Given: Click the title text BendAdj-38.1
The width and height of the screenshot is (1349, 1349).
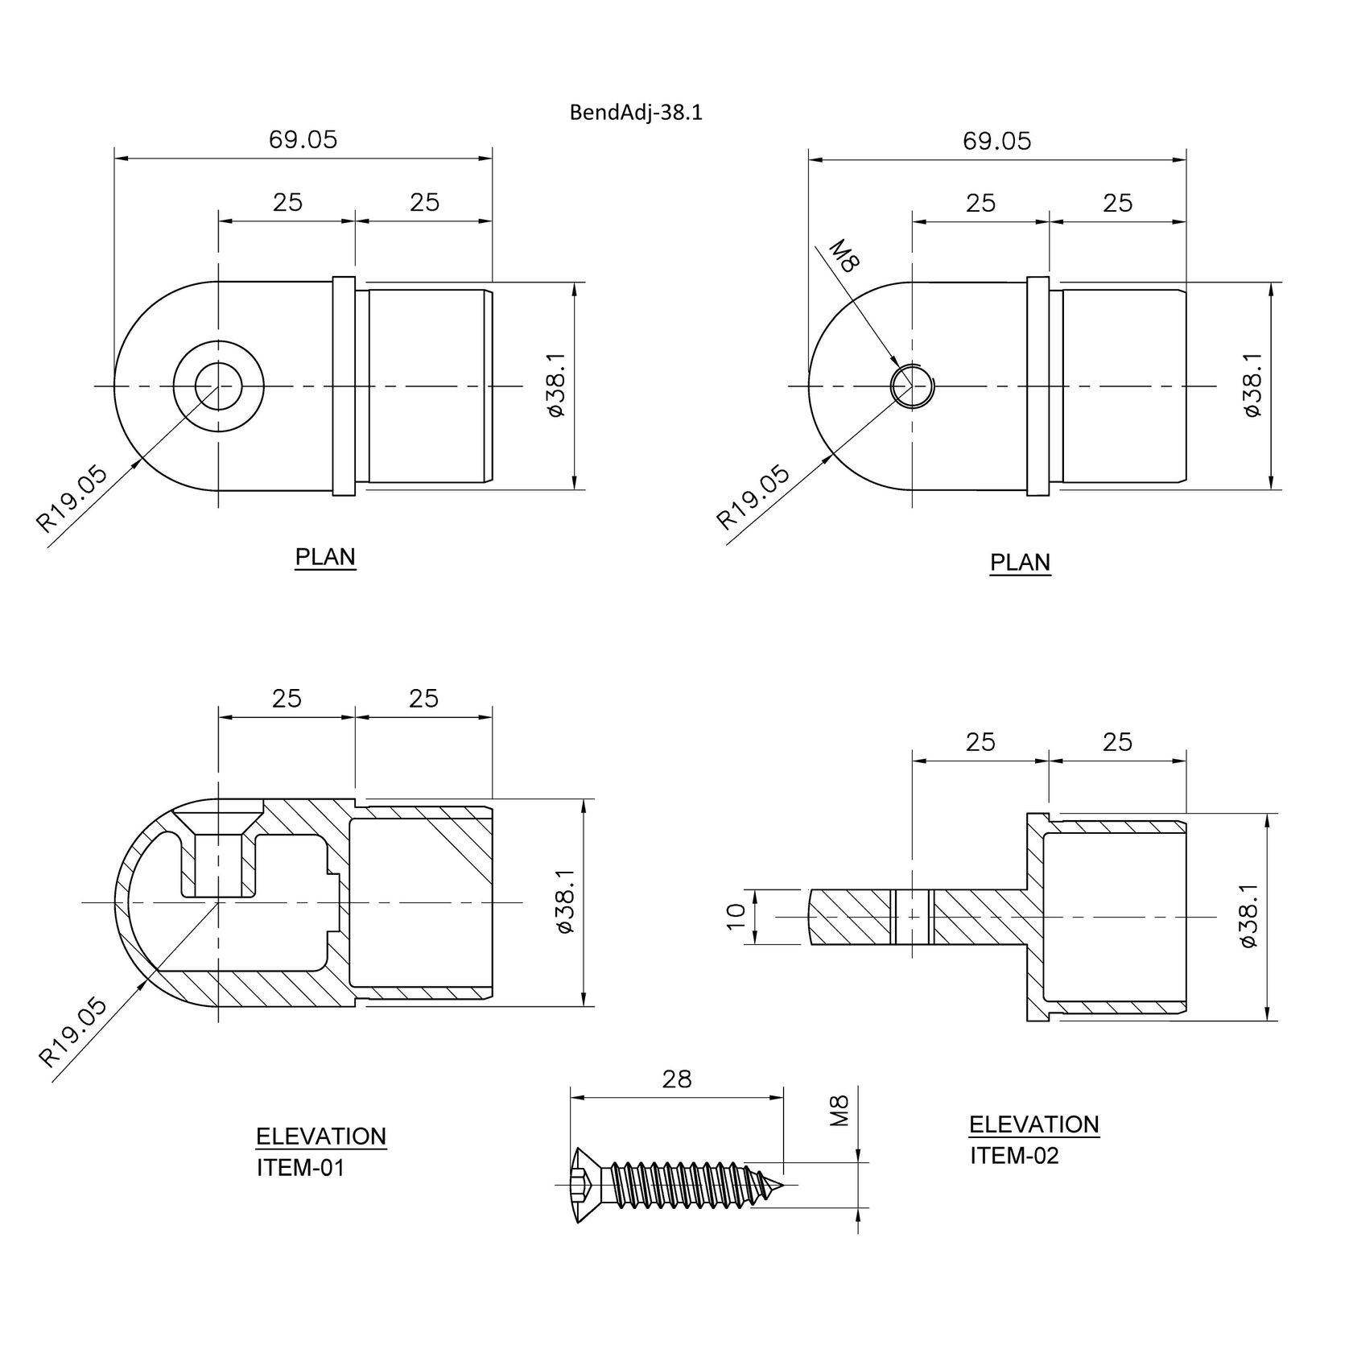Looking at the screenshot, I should pos(636,113).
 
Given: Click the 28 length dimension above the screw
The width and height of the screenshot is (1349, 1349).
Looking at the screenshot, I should pos(676,1079).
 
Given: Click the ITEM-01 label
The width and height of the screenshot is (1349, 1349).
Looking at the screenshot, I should pos(300,1168).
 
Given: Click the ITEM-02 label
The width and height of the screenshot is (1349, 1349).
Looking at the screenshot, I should pos(1014,1156).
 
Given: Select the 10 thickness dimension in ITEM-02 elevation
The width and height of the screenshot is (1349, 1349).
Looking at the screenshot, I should pos(736,917).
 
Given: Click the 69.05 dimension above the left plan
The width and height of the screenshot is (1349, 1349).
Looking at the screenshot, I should pos(303,140).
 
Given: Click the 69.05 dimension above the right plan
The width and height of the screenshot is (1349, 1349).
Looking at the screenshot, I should pos(997,142).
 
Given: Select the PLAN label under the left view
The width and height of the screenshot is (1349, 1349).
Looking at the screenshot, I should pos(325,557).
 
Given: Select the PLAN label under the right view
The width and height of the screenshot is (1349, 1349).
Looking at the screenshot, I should pos(1020,562).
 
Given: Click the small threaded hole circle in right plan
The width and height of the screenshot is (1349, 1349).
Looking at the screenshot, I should pos(911,386).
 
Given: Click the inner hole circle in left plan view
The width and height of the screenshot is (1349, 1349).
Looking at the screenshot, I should pos(218,386).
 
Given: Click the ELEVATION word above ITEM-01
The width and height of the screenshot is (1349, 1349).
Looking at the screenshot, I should pos(321,1137).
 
